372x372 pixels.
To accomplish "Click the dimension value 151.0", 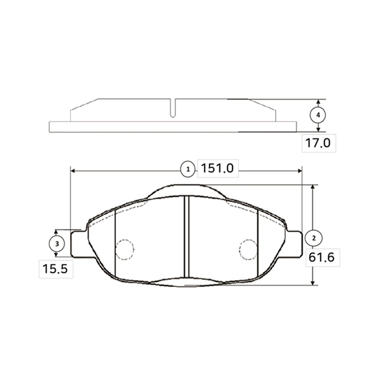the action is coord(218,169).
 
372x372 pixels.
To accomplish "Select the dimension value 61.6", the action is coord(321,257).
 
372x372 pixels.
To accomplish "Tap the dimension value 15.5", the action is coord(55,269).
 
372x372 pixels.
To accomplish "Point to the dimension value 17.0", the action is coord(317,143).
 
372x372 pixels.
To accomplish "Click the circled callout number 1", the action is coord(188,169).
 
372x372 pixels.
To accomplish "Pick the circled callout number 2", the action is coord(314,238).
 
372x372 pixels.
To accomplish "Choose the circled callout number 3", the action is coord(56,244).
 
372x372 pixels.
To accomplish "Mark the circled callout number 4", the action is coord(318,115).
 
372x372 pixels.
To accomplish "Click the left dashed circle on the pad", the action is coord(125,250).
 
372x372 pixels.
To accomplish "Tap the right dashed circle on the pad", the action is coord(249,250).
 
